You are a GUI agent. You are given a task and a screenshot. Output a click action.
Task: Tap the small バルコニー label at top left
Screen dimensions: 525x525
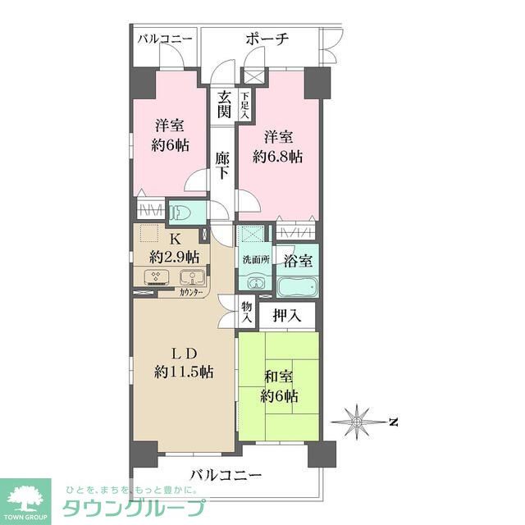click(x=164, y=39)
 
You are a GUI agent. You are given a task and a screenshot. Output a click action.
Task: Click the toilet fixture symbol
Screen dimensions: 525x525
click(x=182, y=212)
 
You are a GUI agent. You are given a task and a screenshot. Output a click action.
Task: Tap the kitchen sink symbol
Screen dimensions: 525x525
click(x=187, y=277)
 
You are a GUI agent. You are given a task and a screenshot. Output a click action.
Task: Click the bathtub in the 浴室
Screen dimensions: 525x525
click(x=296, y=287)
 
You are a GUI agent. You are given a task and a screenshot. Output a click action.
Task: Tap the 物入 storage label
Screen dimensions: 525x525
click(x=246, y=313)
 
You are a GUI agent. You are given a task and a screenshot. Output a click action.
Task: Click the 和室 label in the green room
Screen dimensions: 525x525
click(x=280, y=379)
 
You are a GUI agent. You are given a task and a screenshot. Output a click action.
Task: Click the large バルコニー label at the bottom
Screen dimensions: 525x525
click(x=226, y=475)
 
